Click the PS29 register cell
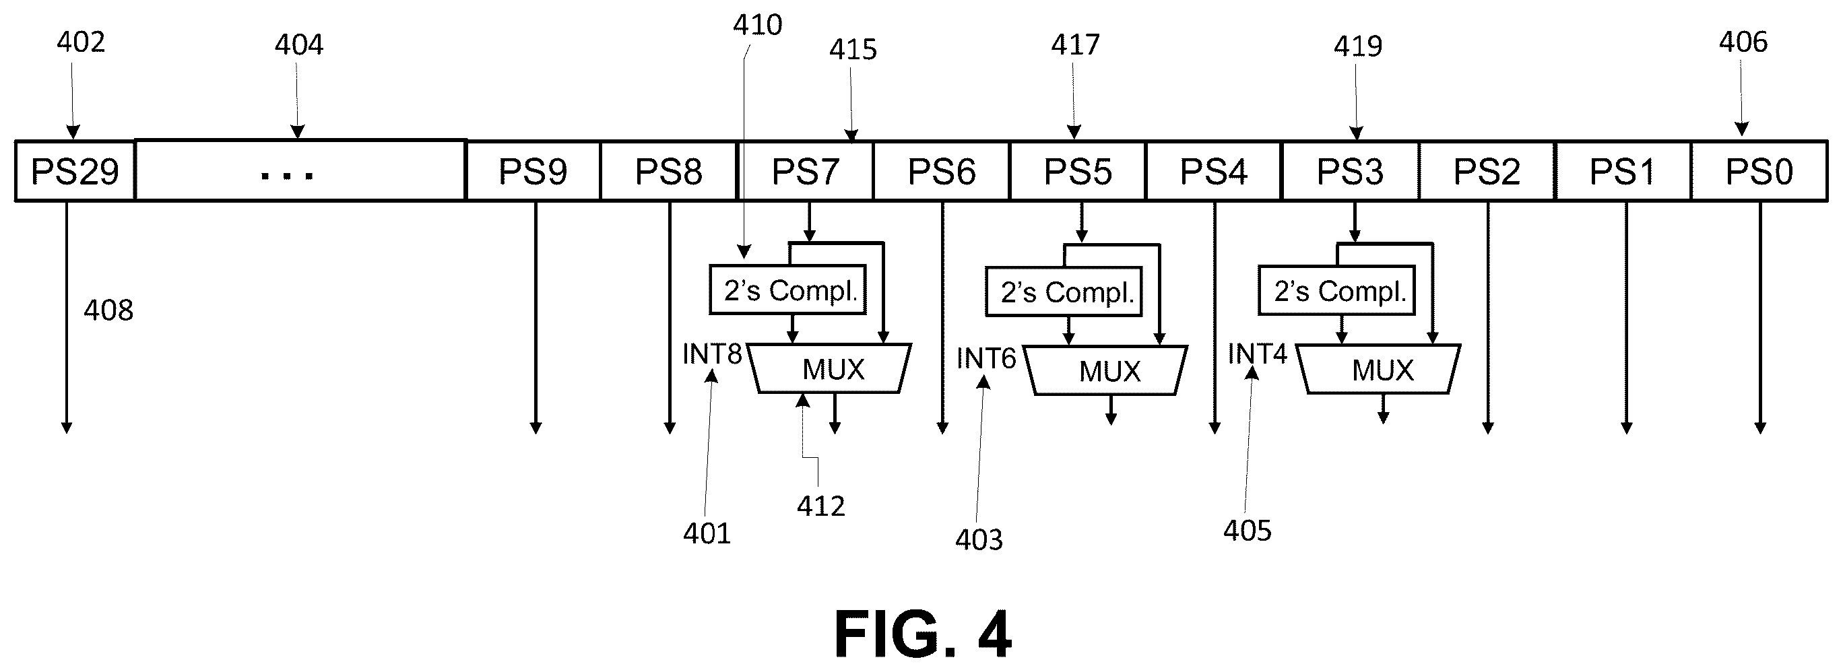(75, 171)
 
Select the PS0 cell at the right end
(1759, 171)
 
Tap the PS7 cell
(805, 171)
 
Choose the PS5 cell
(1078, 171)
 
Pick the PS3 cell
(1350, 171)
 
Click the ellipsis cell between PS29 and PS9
(300, 171)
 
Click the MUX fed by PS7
(830, 369)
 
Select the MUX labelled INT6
(1105, 370)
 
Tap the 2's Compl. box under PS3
(1336, 291)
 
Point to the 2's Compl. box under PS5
(1064, 292)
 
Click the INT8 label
(713, 354)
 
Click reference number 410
(758, 25)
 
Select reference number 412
(821, 506)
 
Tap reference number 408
(108, 310)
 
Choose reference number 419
(1358, 46)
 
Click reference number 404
(299, 45)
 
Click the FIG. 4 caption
(923, 634)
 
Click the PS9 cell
(533, 171)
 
